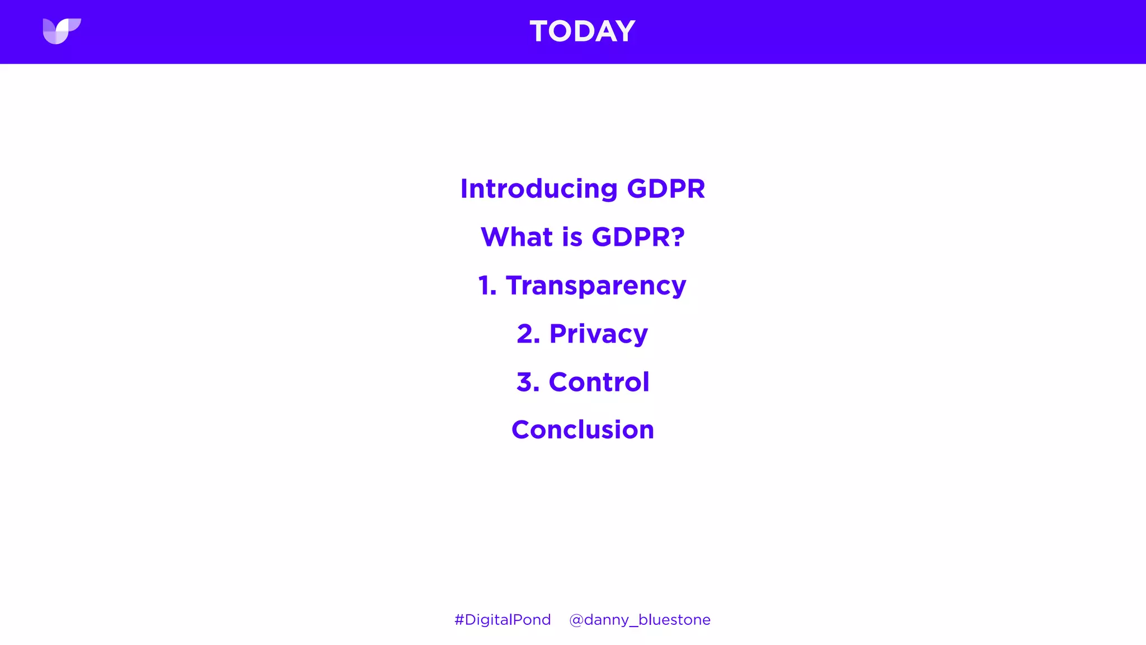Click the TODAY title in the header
(582, 31)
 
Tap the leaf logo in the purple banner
(62, 31)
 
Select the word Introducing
(538, 189)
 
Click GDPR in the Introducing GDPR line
(666, 189)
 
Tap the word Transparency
(596, 286)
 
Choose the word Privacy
(598, 334)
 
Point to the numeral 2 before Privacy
(526, 334)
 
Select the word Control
(599, 382)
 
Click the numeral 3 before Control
(525, 382)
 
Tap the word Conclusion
(583, 430)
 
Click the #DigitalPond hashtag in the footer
(502, 620)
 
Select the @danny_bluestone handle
(640, 620)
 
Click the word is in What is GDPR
(572, 237)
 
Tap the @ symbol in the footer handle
(576, 620)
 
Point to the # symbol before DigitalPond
(459, 620)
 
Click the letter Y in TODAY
(624, 31)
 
